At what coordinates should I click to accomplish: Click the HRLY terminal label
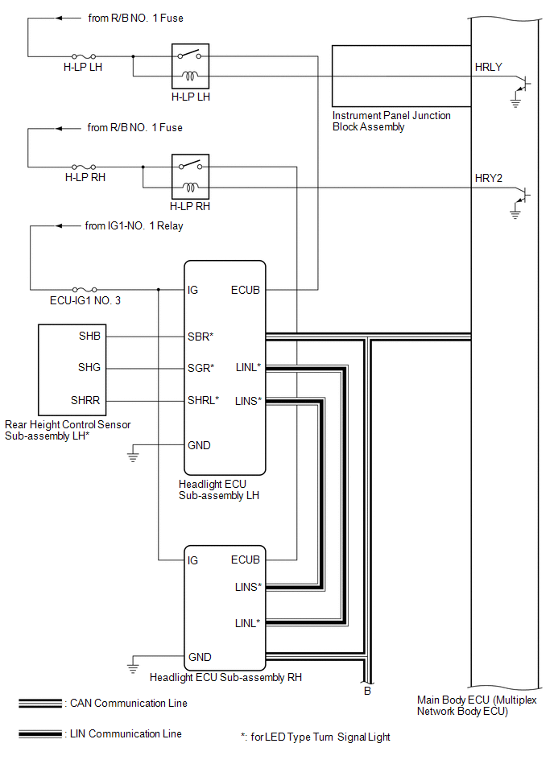click(489, 67)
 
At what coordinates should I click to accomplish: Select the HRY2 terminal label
click(489, 178)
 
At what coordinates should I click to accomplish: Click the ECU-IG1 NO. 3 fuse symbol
click(85, 289)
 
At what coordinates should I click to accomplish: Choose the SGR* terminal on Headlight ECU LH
click(201, 368)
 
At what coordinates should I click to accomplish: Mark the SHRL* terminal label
click(203, 400)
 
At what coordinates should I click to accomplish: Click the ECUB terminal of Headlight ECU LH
click(246, 290)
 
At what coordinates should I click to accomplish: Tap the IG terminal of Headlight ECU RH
click(193, 560)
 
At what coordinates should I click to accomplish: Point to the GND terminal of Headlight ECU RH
click(200, 657)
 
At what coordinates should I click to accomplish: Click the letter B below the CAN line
click(367, 690)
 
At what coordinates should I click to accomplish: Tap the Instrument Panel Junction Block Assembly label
click(391, 121)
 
